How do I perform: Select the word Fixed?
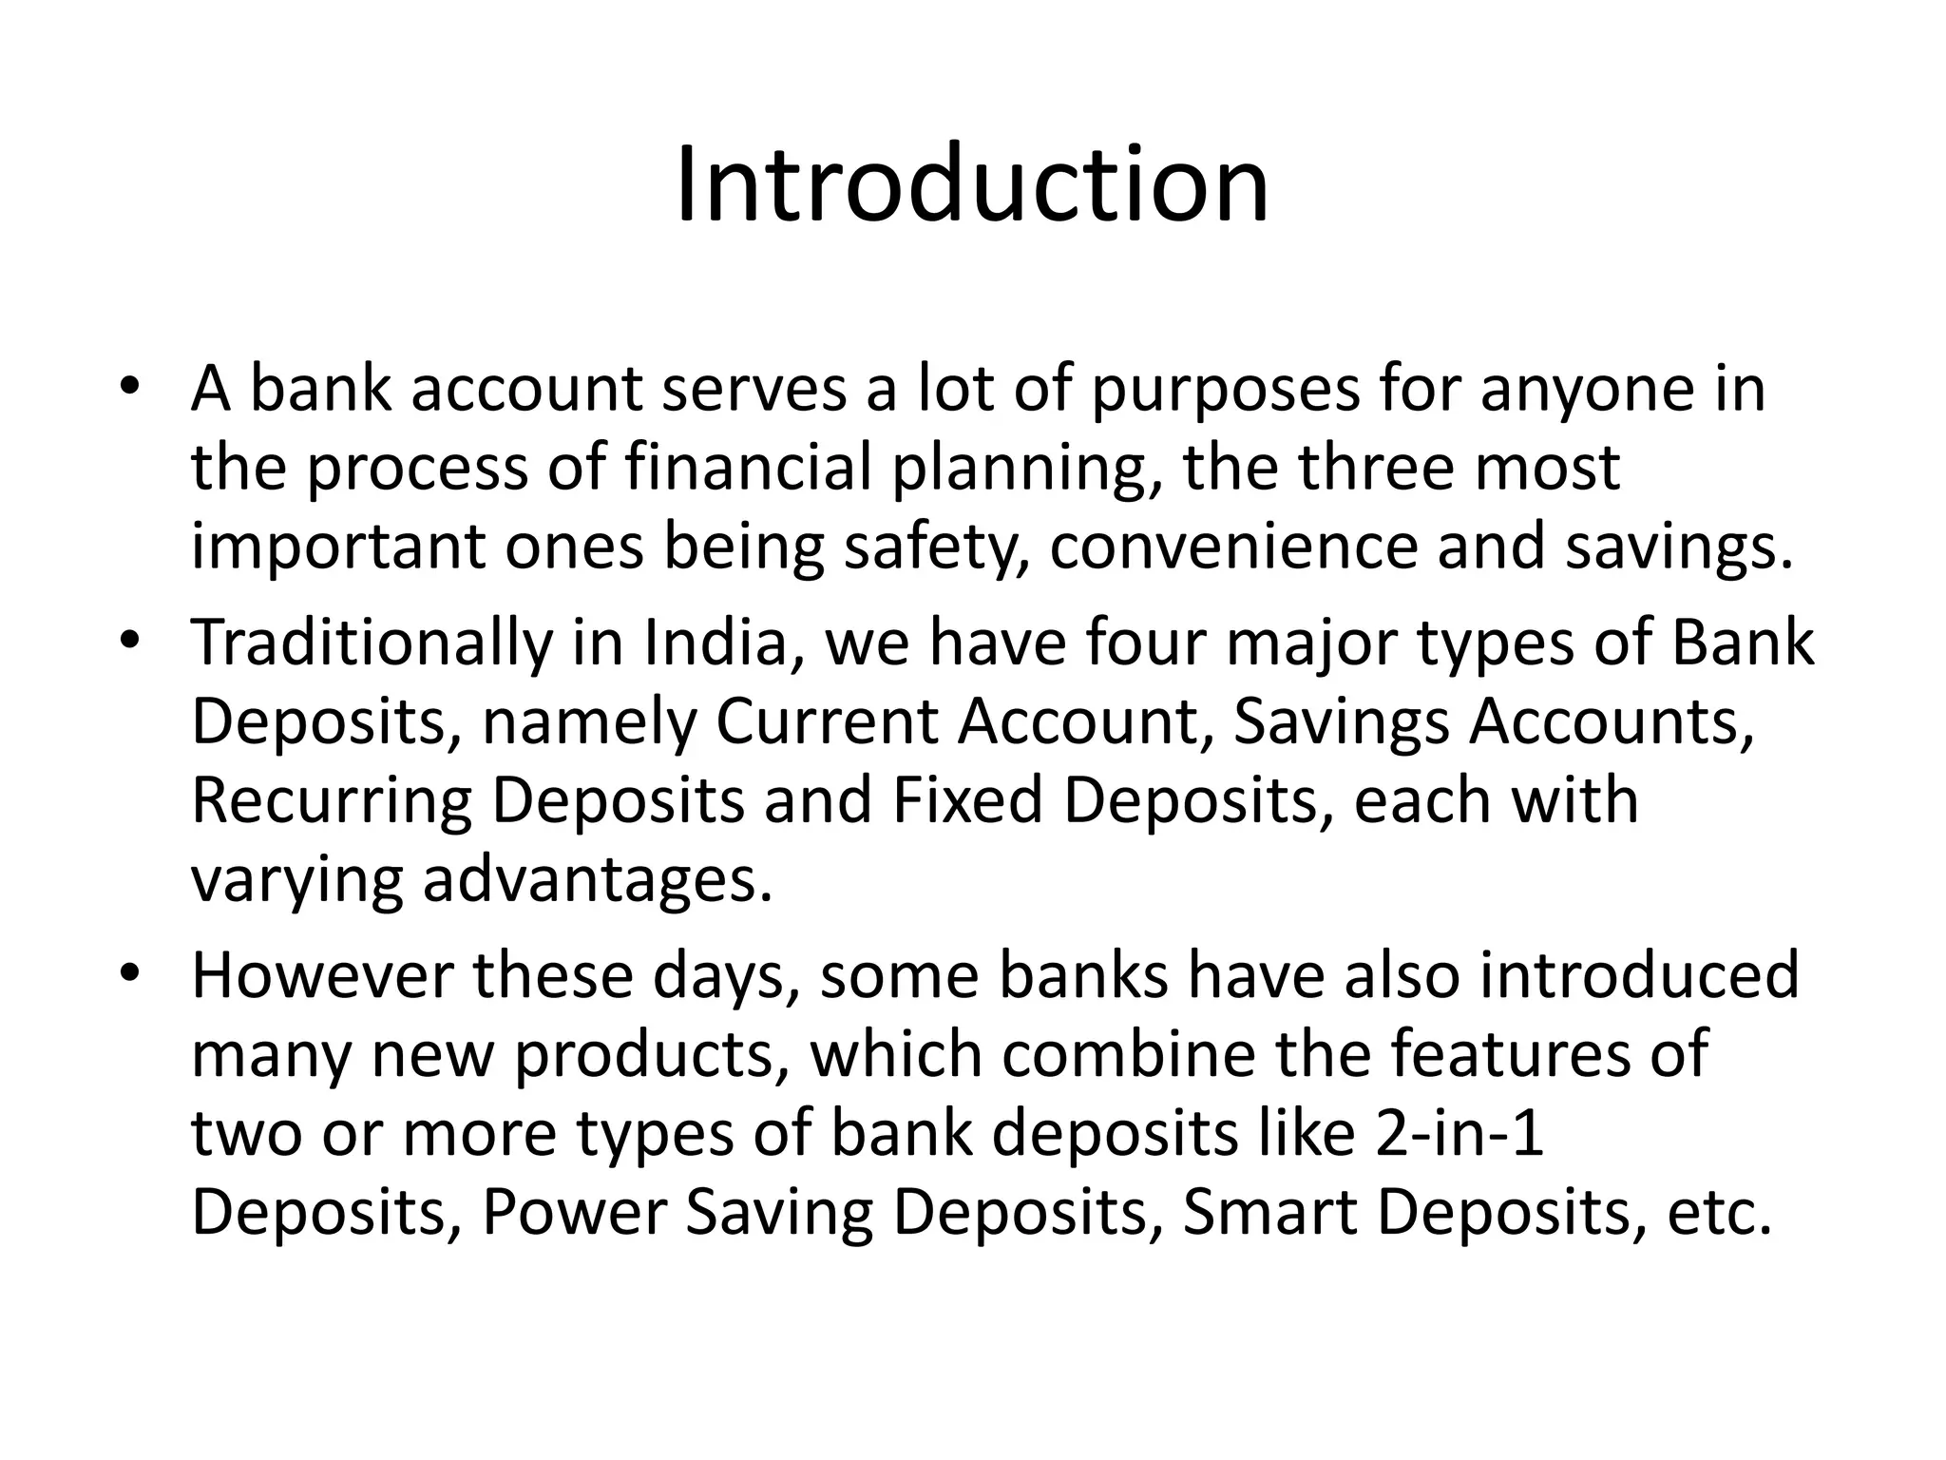[968, 799]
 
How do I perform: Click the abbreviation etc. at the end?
[1720, 1214]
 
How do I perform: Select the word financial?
[749, 469]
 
